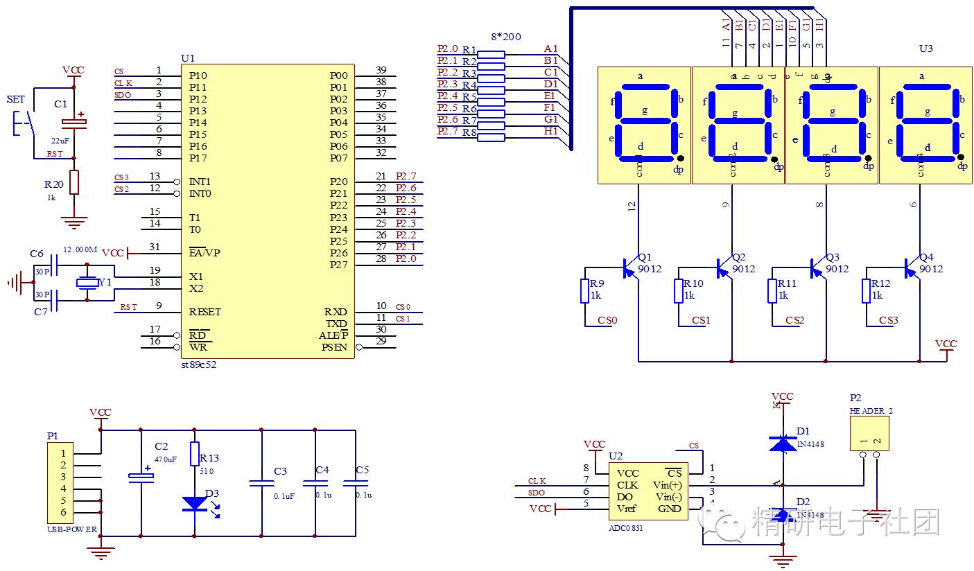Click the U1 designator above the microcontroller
188,58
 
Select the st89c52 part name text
198,364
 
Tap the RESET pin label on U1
205,312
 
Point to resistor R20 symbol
74,182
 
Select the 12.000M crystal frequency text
80,249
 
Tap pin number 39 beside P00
381,70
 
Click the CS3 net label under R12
888,320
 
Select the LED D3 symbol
194,504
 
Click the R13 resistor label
209,458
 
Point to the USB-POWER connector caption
72,529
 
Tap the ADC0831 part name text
625,527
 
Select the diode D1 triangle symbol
783,443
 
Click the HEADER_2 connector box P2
870,434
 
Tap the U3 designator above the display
925,49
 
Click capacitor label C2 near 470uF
161,446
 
